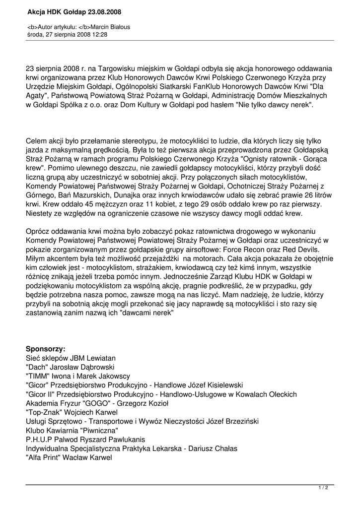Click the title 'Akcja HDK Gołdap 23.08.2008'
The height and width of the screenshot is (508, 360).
[74, 11]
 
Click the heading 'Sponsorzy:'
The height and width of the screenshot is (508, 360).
[46, 349]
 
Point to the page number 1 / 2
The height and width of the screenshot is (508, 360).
[323, 488]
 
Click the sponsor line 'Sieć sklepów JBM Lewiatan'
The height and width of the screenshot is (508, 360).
[71, 358]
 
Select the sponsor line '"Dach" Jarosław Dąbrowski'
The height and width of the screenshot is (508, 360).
[70, 367]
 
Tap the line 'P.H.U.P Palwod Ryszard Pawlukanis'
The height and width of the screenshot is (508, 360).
[85, 440]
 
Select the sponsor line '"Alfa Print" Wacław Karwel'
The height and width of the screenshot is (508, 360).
[69, 458]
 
